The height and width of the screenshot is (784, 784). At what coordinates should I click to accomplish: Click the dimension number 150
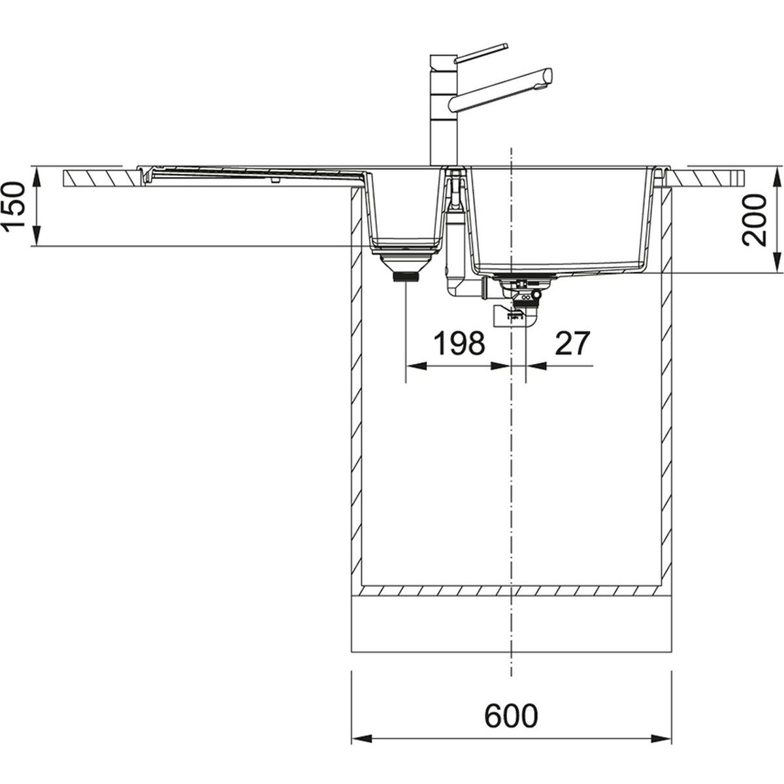14,208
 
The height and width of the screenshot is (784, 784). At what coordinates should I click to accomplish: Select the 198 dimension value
459,343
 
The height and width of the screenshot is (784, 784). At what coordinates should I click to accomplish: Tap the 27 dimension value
572,343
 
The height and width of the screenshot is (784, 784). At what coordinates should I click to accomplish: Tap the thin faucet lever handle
482,53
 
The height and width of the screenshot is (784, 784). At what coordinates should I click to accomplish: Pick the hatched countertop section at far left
101,178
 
